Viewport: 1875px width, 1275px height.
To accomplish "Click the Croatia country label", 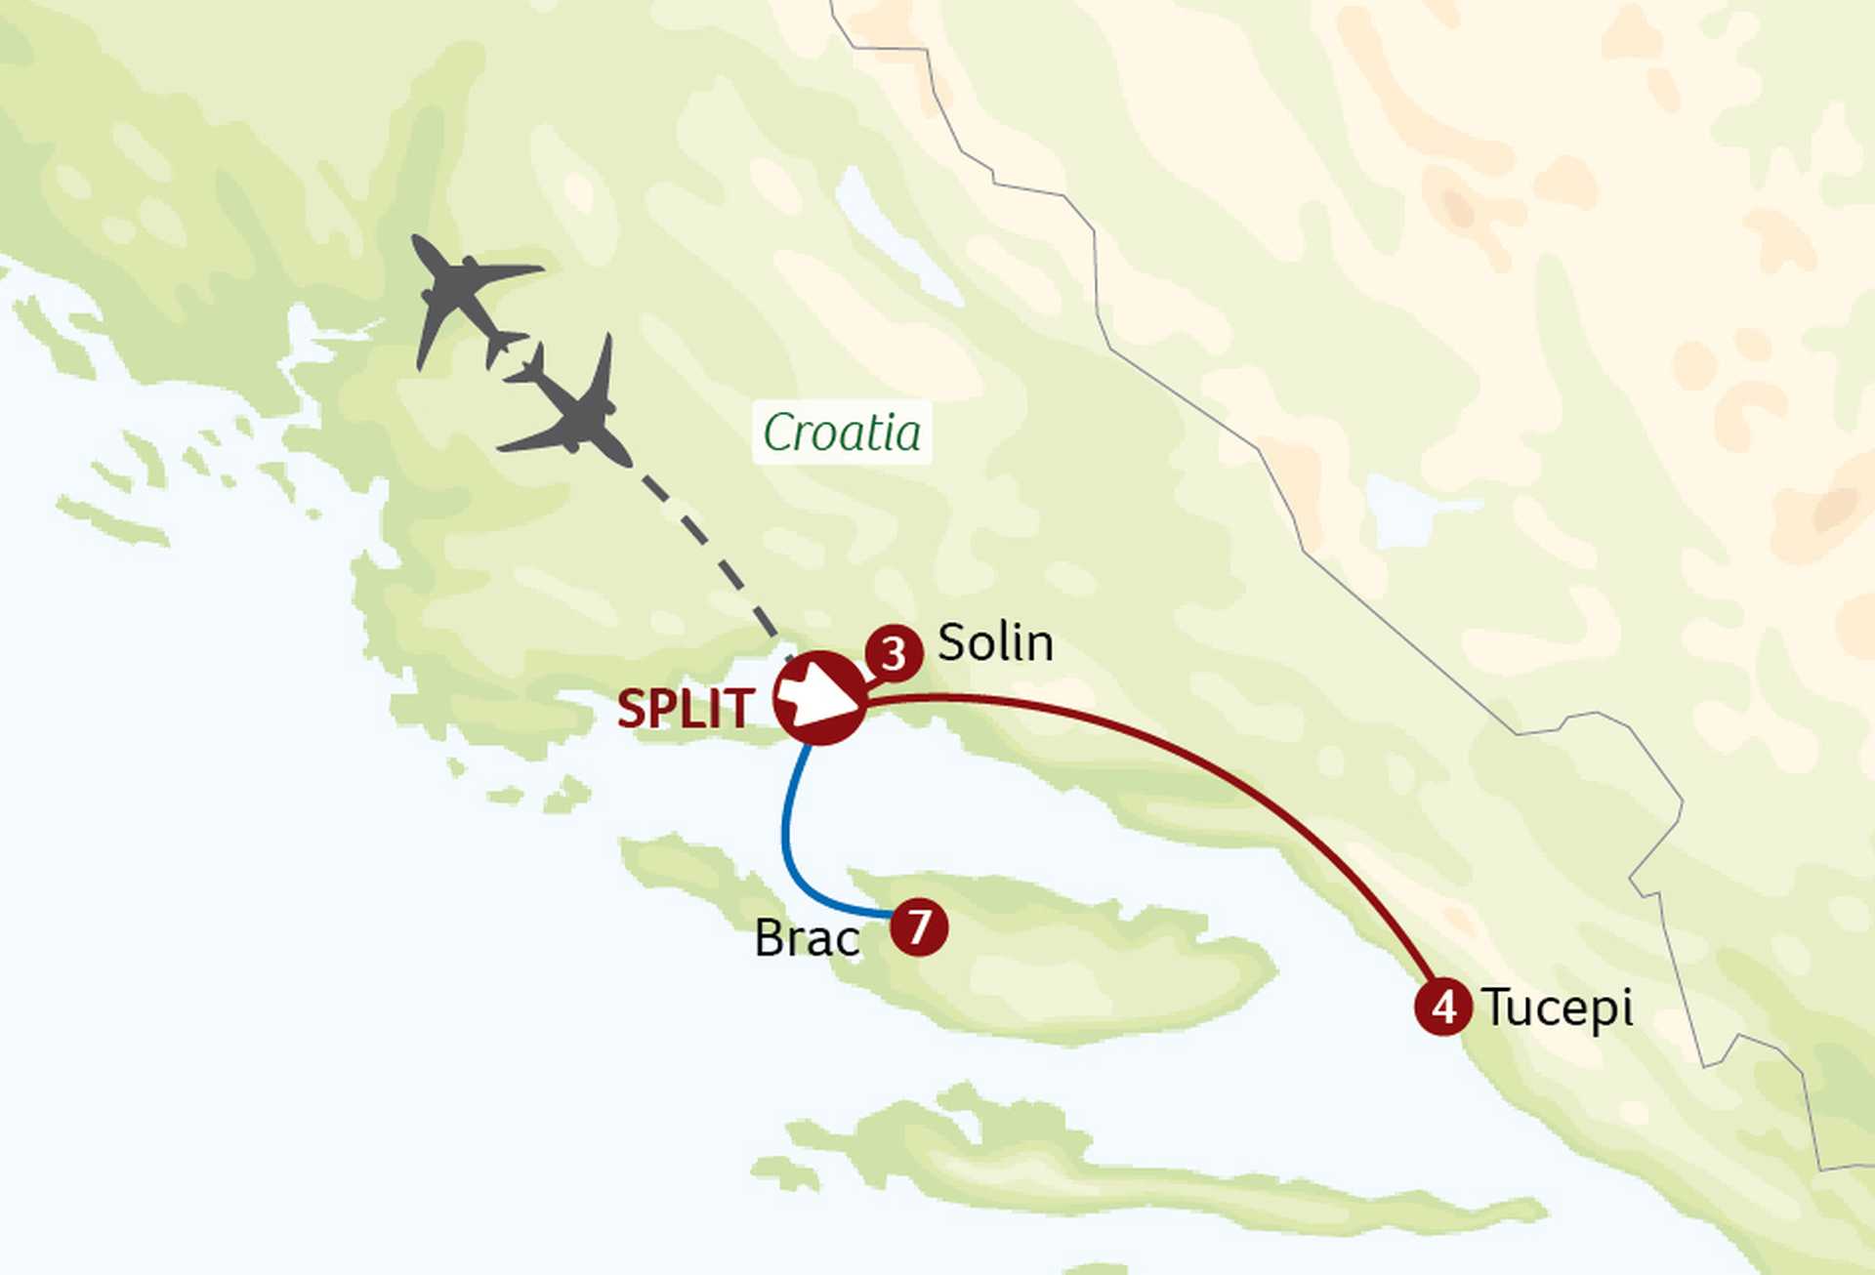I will click(842, 432).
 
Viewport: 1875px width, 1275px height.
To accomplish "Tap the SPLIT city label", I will click(686, 709).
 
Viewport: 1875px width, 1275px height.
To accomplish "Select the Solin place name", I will click(995, 642).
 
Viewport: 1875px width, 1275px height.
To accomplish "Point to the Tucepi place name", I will click(1557, 1008).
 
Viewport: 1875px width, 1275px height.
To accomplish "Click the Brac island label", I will click(807, 938).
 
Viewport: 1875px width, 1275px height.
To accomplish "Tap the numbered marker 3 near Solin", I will click(894, 654).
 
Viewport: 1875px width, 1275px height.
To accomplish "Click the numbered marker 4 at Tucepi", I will click(1443, 1007).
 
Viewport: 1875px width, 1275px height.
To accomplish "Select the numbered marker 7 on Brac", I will click(919, 926).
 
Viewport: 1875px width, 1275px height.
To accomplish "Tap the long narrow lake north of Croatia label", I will click(894, 234).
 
